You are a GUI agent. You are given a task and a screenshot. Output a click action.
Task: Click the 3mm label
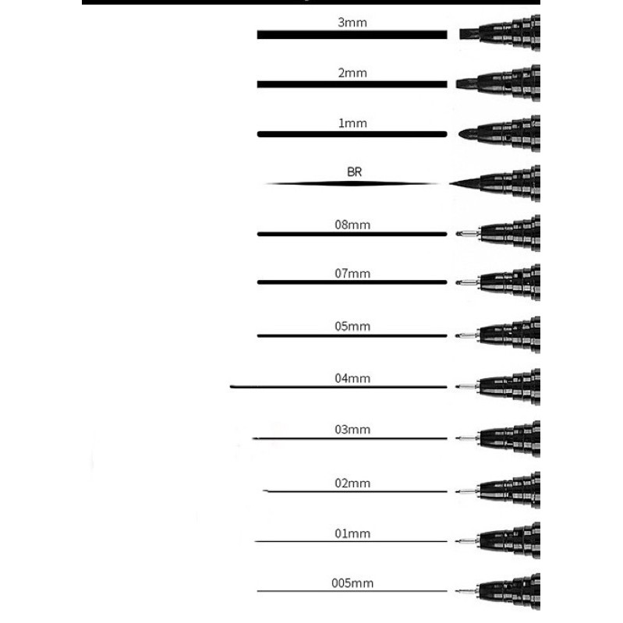(352, 23)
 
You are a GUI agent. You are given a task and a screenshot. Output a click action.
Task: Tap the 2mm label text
(352, 73)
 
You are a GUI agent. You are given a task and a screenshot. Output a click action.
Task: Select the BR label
(353, 172)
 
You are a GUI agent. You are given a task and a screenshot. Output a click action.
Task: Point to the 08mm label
(352, 225)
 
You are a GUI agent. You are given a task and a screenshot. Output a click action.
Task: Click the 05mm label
(352, 327)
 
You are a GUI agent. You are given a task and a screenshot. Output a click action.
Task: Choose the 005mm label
(352, 582)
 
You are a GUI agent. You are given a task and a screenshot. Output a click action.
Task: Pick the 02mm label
(352, 483)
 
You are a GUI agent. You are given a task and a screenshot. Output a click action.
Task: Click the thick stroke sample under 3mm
(352, 35)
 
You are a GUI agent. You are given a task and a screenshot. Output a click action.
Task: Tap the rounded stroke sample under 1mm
(352, 134)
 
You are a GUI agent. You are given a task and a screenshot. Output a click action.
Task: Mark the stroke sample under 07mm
(352, 281)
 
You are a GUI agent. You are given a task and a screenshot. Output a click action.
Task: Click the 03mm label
(352, 430)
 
